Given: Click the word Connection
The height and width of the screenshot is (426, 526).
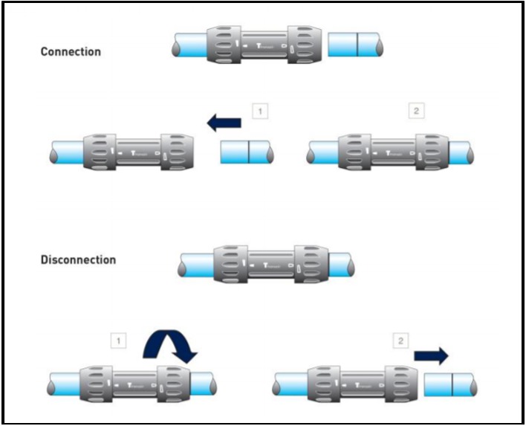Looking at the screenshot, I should [71, 52].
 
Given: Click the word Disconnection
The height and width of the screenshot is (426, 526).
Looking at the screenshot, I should [78, 260].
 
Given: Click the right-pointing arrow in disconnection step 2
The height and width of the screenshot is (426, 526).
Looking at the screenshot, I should [431, 355].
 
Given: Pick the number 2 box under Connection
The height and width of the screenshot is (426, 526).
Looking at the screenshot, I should [415, 112].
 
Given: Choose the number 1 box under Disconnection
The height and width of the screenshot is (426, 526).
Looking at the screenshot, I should [117, 341].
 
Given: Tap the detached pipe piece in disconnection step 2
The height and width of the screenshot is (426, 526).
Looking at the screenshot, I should [449, 385].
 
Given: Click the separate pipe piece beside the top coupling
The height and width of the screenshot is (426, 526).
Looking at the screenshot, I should [356, 45].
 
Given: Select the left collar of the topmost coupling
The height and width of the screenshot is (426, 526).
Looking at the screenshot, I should [221, 45].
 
